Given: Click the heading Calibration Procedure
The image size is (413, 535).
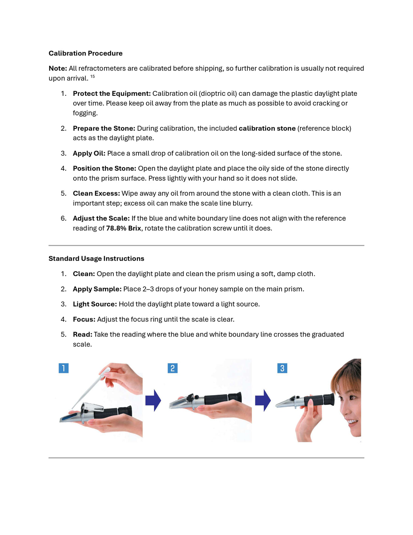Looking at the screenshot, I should (x=85, y=53).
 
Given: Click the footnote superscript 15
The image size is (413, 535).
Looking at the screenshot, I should (x=92, y=77).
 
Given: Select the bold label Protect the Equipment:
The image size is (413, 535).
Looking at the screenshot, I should (x=112, y=94).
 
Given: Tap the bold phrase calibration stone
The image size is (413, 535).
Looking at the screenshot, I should (x=267, y=128).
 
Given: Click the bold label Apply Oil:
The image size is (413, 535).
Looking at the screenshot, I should (x=89, y=153).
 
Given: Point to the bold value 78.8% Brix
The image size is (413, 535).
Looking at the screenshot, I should (x=124, y=228).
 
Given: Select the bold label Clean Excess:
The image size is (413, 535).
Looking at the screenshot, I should (x=96, y=193).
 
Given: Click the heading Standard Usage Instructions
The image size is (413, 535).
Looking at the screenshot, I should (x=96, y=258).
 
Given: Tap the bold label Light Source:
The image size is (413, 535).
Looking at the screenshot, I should (x=95, y=304).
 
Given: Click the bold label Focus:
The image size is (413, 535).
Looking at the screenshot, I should (x=84, y=319).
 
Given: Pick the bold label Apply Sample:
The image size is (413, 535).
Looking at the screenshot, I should (x=97, y=289).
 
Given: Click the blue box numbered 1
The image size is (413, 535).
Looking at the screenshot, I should (x=63, y=368).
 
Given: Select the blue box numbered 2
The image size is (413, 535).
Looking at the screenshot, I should (x=172, y=368).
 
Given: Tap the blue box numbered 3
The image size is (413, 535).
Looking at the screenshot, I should (x=282, y=368).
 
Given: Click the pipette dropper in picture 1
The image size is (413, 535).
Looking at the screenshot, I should (x=92, y=387).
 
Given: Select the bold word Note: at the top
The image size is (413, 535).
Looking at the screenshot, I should (x=57, y=68).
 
